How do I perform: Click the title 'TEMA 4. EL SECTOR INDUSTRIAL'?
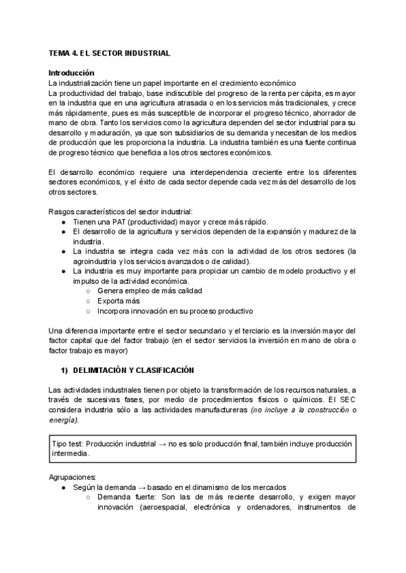click(x=109, y=52)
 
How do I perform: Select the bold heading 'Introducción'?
click(x=72, y=72)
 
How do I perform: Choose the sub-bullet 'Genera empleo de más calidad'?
click(x=150, y=291)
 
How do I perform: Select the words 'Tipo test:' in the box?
click(x=70, y=443)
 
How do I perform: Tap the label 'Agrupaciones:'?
click(x=73, y=476)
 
